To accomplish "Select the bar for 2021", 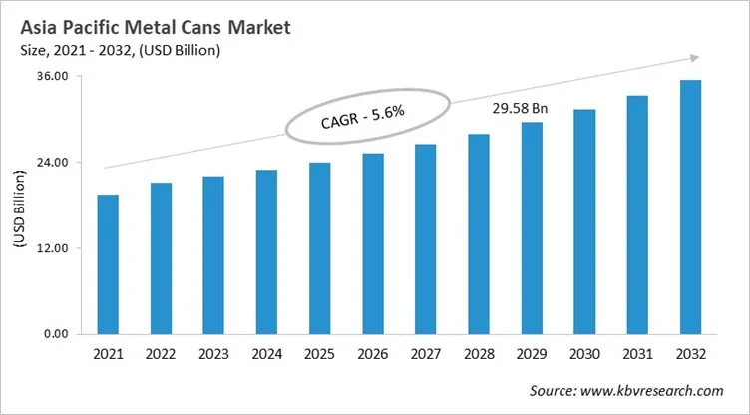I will [108, 264].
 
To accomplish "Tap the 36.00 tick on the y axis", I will [52, 77].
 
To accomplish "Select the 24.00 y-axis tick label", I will [52, 163].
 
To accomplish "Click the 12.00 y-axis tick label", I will [52, 248].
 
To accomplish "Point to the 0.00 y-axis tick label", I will [55, 334].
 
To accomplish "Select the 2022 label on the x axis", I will [161, 355].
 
